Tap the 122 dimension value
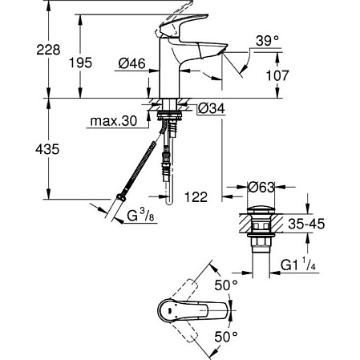pyautogui.click(x=196, y=195)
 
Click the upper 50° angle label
pyautogui.click(x=226, y=285)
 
